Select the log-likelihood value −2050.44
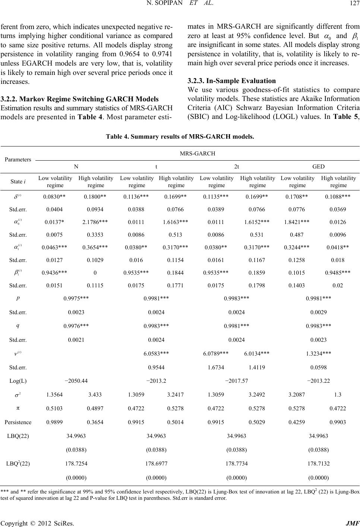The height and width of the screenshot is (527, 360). click(76, 381)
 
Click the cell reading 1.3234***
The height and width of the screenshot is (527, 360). click(318, 353)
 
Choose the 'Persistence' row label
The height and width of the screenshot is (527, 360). click(18, 422)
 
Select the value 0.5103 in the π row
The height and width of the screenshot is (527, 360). click(54, 408)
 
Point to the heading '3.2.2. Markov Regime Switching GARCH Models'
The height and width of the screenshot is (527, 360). click(79, 99)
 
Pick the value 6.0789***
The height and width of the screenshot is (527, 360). click(216, 353)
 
